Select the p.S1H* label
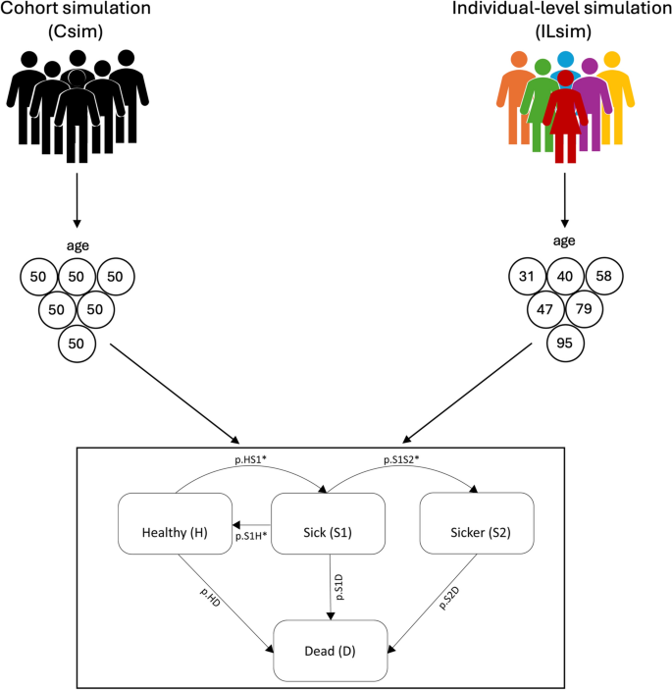[251, 537]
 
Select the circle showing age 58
[604, 276]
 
